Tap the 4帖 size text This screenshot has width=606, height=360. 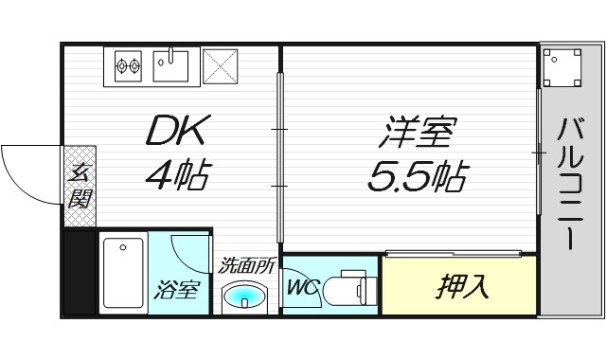177,174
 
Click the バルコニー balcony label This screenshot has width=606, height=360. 570,183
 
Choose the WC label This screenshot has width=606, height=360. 300,283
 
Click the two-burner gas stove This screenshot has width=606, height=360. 128,65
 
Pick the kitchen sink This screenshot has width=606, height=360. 171,64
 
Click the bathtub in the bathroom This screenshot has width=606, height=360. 122,272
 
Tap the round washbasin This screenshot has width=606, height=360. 245,297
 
